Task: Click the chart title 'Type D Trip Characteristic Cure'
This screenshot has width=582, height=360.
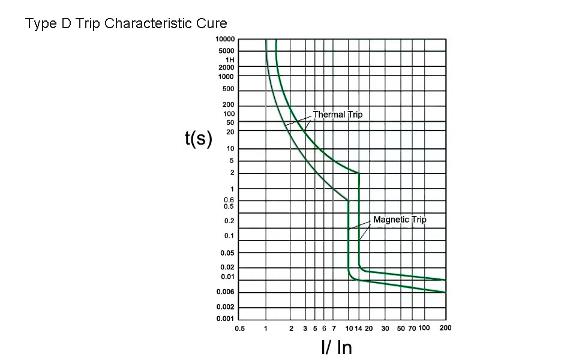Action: (126, 24)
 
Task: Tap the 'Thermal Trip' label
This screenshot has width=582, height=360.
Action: (338, 115)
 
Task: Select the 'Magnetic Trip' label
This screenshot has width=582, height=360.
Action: (400, 220)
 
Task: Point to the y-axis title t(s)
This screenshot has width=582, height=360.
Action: (199, 139)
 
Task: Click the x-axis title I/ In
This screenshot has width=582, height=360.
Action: (337, 347)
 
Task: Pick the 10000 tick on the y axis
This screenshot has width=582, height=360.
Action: (225, 40)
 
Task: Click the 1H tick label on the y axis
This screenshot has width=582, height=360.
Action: (230, 60)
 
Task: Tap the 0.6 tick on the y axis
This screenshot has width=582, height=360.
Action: (229, 200)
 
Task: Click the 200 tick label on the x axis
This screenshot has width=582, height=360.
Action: (445, 328)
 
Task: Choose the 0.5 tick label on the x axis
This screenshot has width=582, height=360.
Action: (239, 329)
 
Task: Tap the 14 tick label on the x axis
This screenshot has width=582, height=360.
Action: (359, 329)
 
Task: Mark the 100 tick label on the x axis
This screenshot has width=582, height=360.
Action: (424, 328)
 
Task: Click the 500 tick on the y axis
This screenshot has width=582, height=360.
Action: (229, 89)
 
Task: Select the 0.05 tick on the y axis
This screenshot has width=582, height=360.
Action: (227, 253)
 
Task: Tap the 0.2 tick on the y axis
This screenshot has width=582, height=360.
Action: (229, 221)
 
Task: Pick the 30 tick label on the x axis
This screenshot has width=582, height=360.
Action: (386, 329)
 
